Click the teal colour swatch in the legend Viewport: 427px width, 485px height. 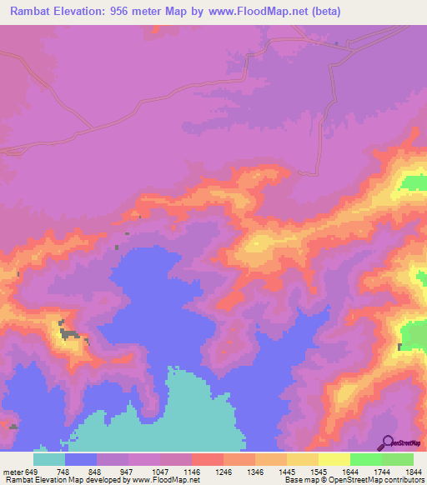49,459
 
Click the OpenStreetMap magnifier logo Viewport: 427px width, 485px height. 387,442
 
